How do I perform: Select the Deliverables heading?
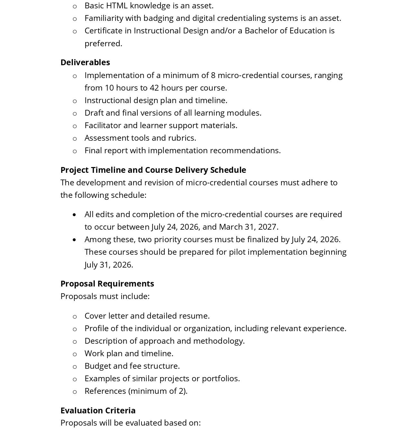point(85,62)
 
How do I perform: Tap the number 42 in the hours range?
point(154,88)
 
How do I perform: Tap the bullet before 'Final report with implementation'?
point(75,151)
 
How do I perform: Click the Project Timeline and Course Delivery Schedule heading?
point(153,170)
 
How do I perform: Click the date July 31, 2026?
point(108,265)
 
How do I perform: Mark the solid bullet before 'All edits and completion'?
point(75,215)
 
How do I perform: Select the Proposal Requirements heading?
point(107,284)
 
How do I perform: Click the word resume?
point(195,316)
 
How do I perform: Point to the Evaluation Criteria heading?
point(98,410)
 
